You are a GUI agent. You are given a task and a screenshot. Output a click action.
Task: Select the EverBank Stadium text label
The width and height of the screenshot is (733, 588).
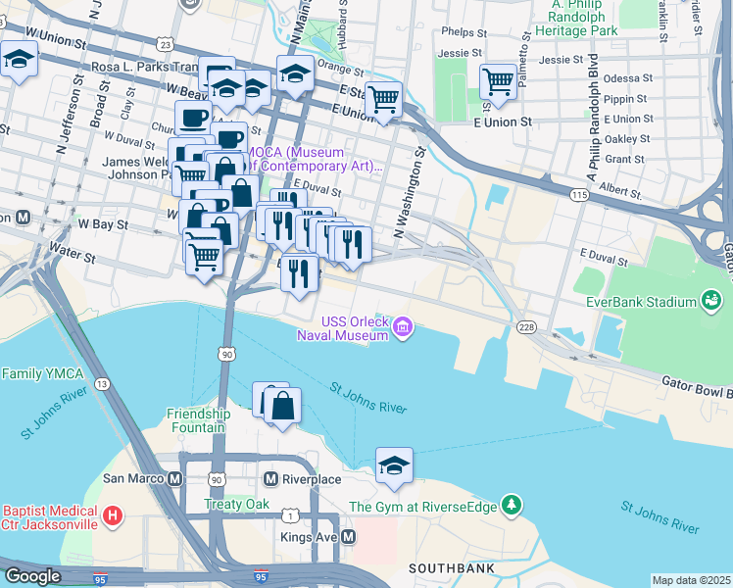pos(642,302)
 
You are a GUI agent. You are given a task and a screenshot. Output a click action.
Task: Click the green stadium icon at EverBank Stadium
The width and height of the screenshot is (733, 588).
pos(709,302)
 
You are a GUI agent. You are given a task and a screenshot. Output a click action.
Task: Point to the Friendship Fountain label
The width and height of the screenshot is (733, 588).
pos(198,420)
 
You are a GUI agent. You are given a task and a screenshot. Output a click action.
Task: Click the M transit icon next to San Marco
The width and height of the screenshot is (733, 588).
pos(175,479)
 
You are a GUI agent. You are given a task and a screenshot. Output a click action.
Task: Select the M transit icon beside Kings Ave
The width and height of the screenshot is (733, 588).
pos(348,537)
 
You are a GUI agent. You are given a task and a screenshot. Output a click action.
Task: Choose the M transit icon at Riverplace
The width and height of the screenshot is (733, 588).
pos(272,479)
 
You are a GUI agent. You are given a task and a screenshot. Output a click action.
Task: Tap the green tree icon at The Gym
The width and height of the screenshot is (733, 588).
pos(510,506)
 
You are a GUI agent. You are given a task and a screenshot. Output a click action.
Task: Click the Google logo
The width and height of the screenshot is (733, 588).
pos(32,576)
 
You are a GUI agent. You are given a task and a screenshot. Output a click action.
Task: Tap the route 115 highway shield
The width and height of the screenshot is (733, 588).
pos(579,196)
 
